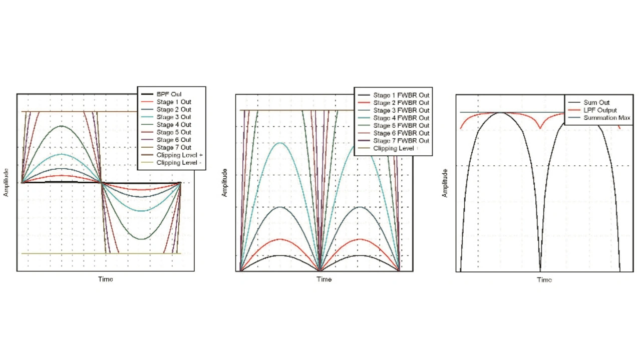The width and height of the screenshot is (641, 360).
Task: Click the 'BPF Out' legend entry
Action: (x=169, y=94)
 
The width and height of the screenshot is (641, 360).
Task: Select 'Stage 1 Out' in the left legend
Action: (x=173, y=102)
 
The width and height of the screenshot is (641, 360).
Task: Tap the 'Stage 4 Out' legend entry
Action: (x=173, y=125)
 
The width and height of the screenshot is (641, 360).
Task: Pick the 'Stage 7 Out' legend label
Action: (x=173, y=148)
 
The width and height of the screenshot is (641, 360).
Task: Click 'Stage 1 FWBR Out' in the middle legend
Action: (x=401, y=95)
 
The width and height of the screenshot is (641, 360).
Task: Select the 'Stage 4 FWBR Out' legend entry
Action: (x=401, y=118)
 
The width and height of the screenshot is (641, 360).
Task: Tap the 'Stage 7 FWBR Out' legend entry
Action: (x=401, y=141)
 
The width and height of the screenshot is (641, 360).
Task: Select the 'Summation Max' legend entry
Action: (x=606, y=118)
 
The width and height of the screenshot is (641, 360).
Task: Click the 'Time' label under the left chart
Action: (x=105, y=279)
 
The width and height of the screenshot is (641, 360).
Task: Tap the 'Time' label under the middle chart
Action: (x=324, y=279)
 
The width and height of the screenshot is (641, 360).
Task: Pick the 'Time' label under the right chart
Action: (x=544, y=280)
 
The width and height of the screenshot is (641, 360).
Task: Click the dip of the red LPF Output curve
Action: (x=540, y=128)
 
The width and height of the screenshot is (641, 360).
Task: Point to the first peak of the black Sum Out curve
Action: (x=500, y=113)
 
